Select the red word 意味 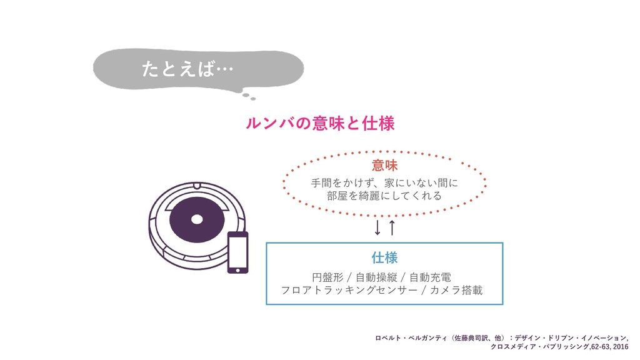[x=384, y=165]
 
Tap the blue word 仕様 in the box [x=384, y=257]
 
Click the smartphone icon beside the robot [x=237, y=252]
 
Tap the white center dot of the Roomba [x=197, y=219]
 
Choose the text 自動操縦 [x=380, y=277]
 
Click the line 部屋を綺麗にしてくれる [x=384, y=196]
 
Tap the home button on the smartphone [x=237, y=271]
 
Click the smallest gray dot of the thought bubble [x=253, y=99]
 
